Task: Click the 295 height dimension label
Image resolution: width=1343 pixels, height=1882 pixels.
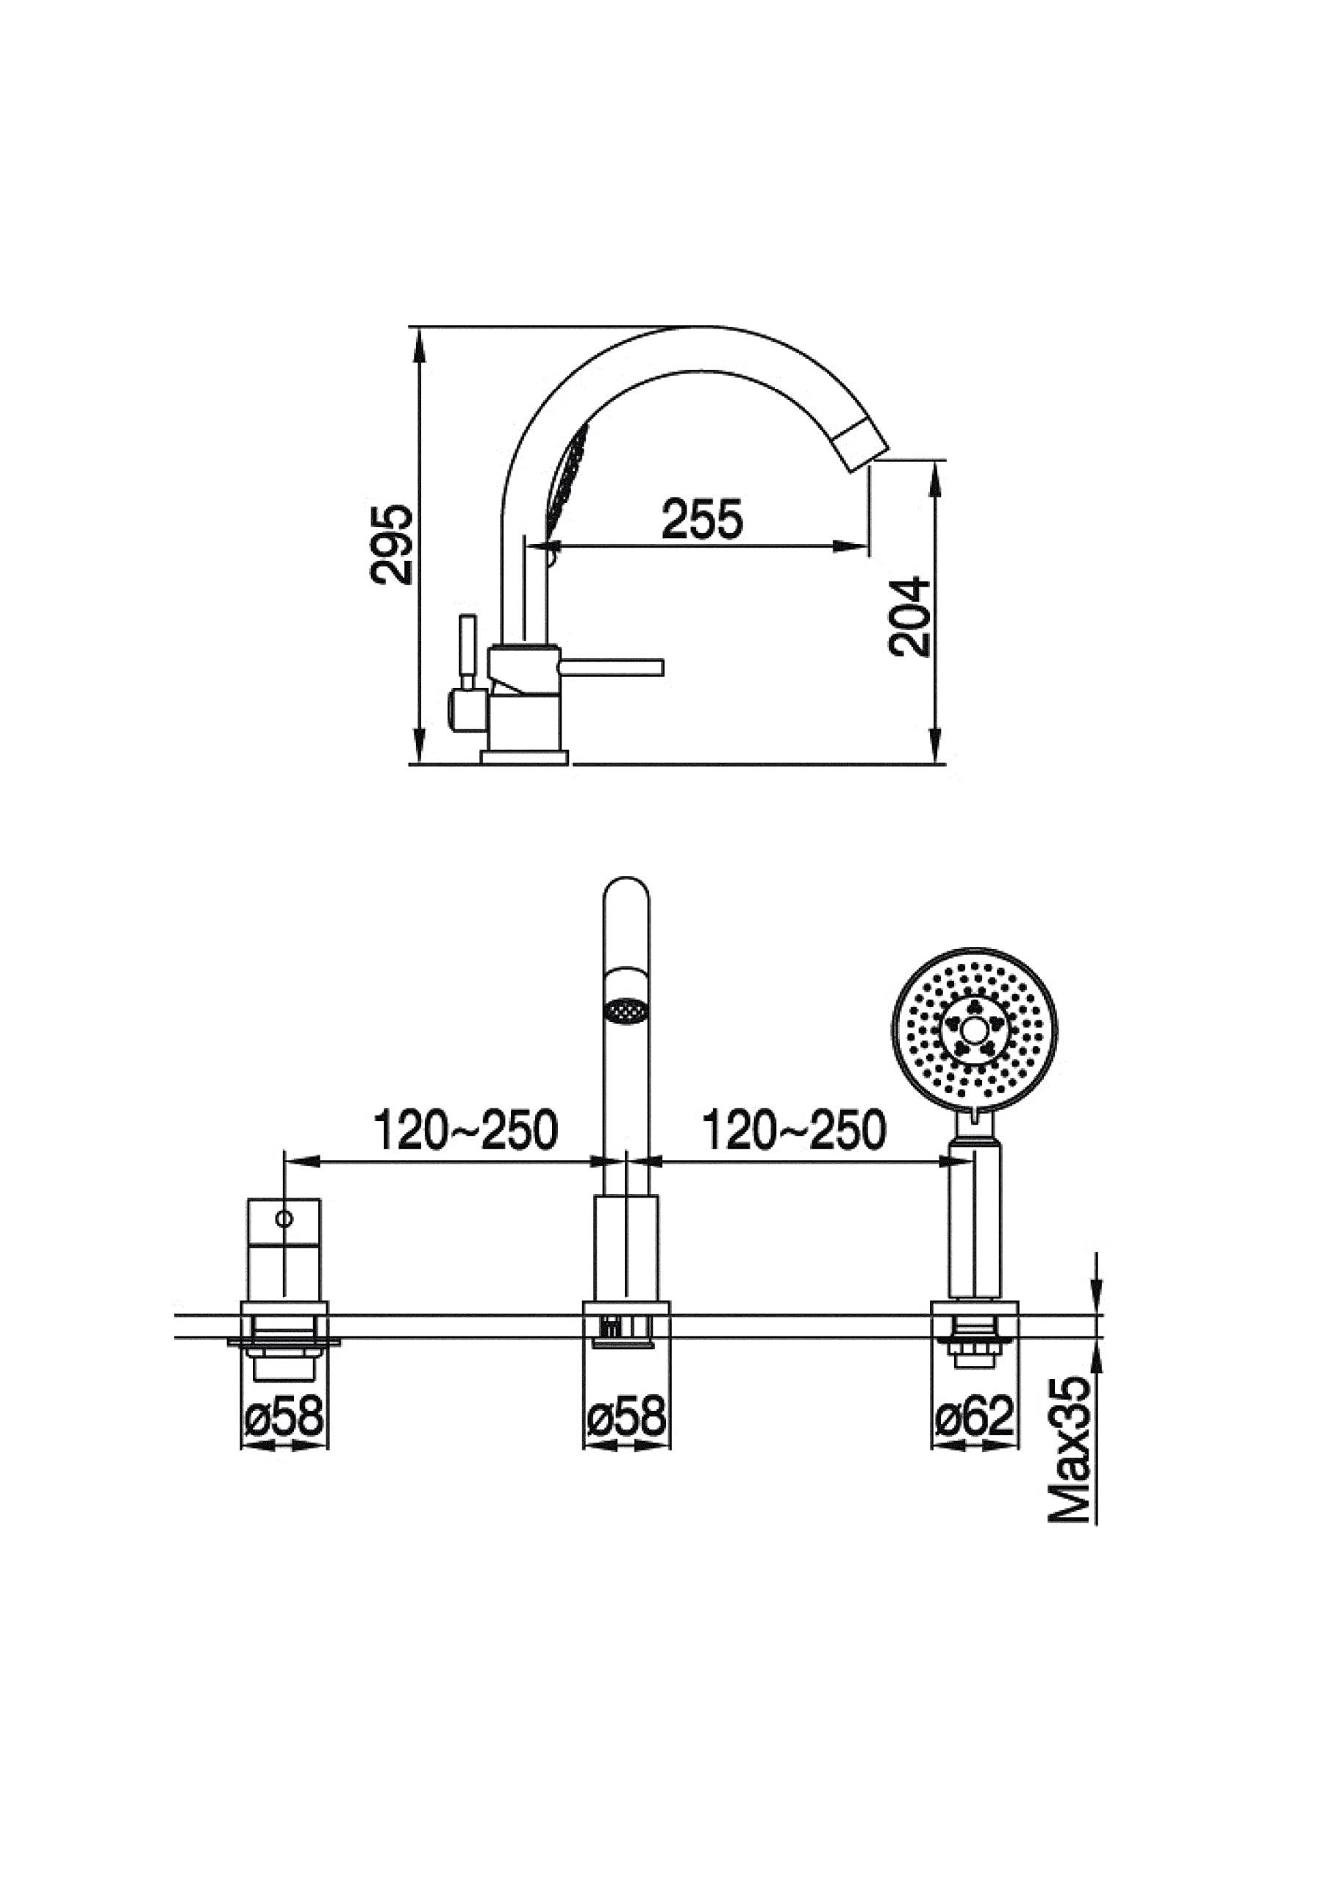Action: pos(391,545)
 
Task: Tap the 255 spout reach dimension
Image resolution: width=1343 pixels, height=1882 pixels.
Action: pos(702,518)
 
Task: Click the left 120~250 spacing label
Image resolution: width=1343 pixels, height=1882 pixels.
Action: pos(466,1131)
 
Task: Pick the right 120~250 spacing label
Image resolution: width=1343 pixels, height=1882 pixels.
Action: pos(794,1131)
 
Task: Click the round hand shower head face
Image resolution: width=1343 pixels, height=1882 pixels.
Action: pos(975,1029)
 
